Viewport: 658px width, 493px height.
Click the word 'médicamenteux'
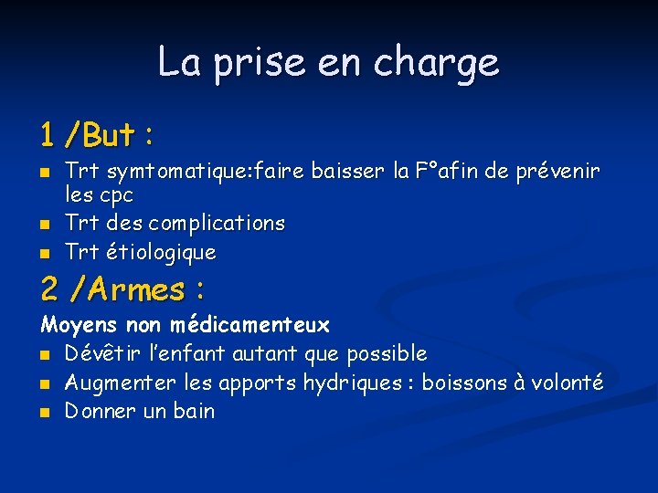pos(249,324)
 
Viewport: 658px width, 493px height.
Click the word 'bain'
pos(194,411)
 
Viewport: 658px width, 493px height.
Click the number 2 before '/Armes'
pos(50,290)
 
